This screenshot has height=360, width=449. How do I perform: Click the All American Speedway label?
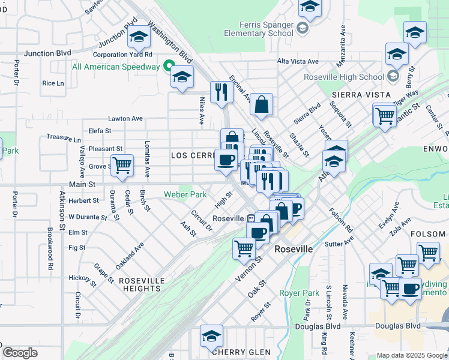[115, 67]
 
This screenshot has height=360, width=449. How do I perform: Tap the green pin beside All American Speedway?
[169, 67]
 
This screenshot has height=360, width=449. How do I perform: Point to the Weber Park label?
[185, 194]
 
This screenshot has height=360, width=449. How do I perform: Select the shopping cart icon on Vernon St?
[244, 247]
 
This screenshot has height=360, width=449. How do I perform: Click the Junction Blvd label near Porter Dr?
[47, 53]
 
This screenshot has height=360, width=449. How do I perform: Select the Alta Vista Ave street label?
[298, 61]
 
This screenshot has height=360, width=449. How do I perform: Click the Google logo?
[20, 353]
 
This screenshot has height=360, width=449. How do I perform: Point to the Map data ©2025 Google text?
[412, 355]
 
